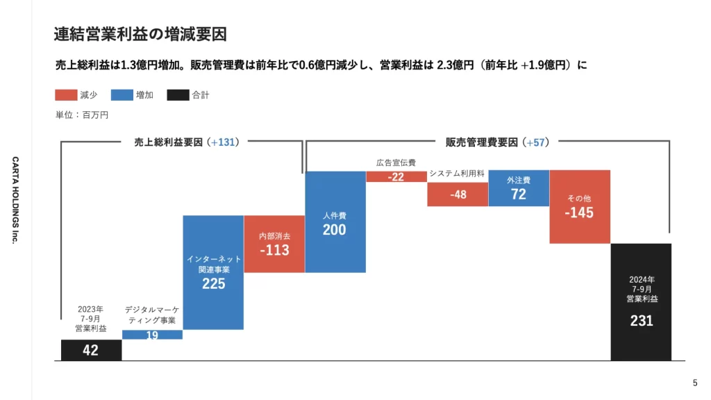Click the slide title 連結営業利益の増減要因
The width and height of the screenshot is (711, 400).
click(x=140, y=33)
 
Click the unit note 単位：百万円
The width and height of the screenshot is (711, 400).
click(x=82, y=115)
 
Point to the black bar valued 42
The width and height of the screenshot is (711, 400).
click(x=91, y=350)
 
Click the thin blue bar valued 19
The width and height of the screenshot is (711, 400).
click(x=152, y=335)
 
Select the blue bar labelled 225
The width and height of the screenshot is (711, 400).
click(x=213, y=272)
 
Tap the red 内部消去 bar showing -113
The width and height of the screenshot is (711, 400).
click(x=274, y=244)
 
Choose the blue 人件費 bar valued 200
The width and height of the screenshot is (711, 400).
click(x=335, y=222)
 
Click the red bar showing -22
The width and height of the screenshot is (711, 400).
click(x=396, y=176)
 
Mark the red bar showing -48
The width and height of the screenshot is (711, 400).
click(x=458, y=194)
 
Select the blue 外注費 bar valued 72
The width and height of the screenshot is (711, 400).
click(x=519, y=188)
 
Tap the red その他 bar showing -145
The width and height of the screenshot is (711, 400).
click(x=579, y=207)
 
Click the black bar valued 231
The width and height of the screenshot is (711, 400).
click(x=641, y=302)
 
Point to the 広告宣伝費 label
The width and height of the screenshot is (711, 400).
click(x=396, y=162)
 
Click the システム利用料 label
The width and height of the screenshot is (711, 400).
click(x=457, y=173)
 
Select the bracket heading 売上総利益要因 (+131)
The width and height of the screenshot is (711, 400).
click(x=186, y=142)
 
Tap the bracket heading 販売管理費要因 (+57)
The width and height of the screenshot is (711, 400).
click(x=497, y=142)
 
